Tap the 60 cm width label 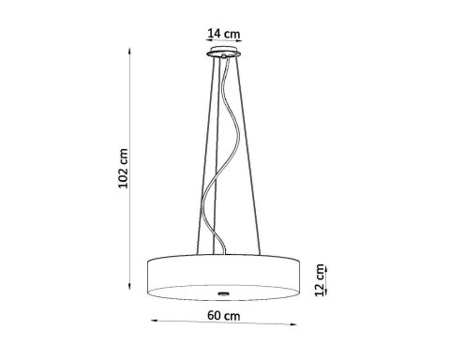(x=226, y=317)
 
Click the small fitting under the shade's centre (x=227, y=284)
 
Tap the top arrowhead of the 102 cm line (x=130, y=53)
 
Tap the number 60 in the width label (x=217, y=317)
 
